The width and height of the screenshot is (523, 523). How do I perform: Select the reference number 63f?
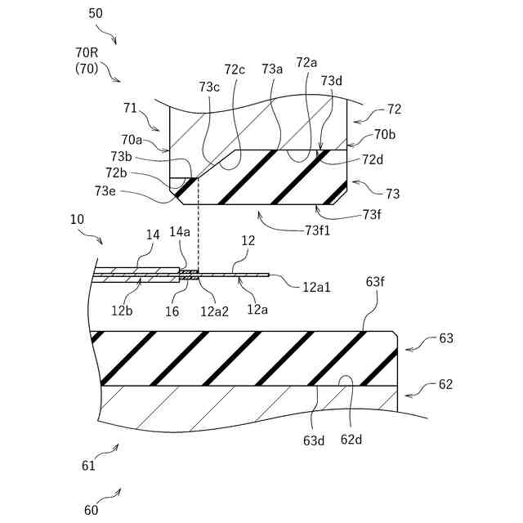pyautogui.click(x=376, y=282)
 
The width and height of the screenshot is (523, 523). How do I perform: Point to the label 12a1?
pyautogui.click(x=318, y=286)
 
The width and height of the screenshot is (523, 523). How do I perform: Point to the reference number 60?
pyautogui.click(x=91, y=510)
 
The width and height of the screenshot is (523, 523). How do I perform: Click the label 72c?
pyautogui.click(x=235, y=69)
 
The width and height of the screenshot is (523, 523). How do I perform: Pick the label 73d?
pyautogui.click(x=332, y=80)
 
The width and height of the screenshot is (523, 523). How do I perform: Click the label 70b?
pyautogui.click(x=384, y=134)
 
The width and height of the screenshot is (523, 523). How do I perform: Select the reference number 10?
pyautogui.click(x=77, y=220)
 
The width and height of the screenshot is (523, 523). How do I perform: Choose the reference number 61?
pyautogui.click(x=88, y=466)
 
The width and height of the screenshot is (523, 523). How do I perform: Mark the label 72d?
pyautogui.click(x=373, y=159)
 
